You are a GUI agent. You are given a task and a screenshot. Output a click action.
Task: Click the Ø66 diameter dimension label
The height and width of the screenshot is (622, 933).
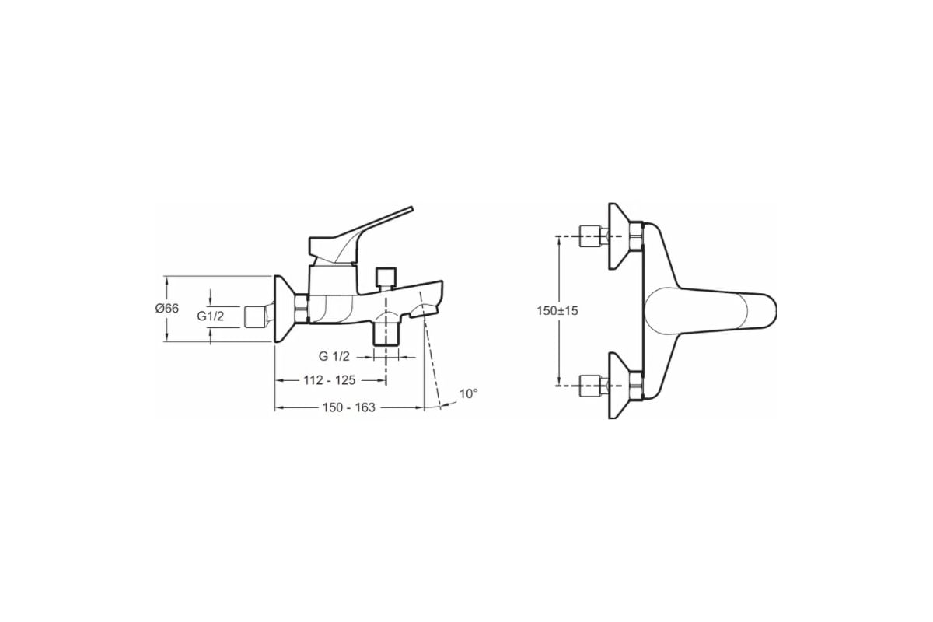click(x=166, y=309)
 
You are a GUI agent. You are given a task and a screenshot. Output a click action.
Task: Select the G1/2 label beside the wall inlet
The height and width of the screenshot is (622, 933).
click(x=211, y=316)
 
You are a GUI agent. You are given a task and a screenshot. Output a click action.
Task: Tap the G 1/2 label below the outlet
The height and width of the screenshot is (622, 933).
click(x=334, y=356)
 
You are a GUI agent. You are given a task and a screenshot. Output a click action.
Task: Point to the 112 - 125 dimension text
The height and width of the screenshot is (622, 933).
click(x=330, y=380)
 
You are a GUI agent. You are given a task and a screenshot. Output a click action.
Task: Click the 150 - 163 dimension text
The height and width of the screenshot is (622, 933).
click(x=349, y=407)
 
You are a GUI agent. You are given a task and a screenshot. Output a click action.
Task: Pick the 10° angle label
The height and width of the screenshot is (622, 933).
click(x=469, y=393)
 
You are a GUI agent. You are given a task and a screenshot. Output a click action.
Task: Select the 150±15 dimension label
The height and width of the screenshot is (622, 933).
click(x=557, y=311)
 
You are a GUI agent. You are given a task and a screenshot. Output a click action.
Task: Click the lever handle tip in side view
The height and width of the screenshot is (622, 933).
click(x=411, y=208)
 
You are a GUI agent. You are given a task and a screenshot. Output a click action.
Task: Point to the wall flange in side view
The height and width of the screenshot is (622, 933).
click(x=284, y=309)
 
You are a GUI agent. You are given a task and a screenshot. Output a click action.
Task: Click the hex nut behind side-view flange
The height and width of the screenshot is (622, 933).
click(x=301, y=309)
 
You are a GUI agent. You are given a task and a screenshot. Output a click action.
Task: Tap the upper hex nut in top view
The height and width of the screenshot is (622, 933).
click(x=636, y=236)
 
